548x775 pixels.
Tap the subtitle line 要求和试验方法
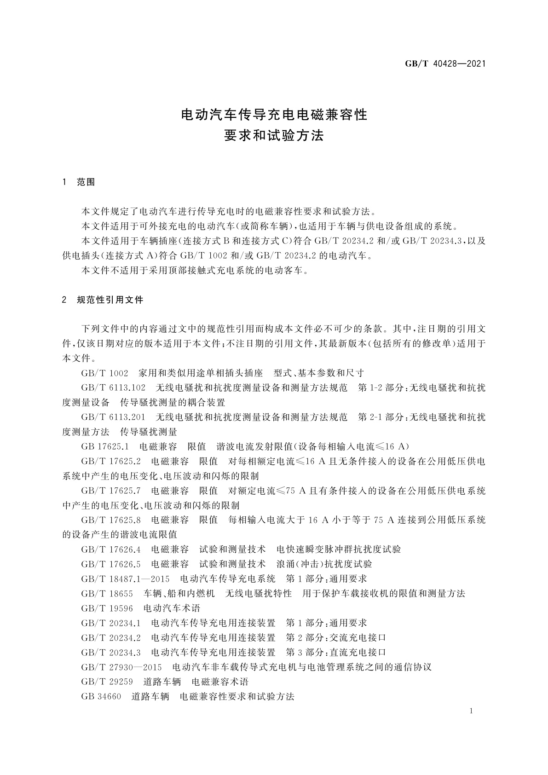pos(274,136)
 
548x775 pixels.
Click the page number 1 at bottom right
pos(472,711)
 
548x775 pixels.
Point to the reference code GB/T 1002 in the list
pos(104,373)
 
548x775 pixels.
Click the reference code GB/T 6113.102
pos(113,387)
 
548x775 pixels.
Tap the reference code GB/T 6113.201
pos(113,417)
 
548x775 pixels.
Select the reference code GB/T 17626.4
pos(111,549)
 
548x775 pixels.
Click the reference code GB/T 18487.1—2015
pos(125,578)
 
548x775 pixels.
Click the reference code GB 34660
pos(101,696)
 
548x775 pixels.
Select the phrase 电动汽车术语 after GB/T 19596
pos(172,608)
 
